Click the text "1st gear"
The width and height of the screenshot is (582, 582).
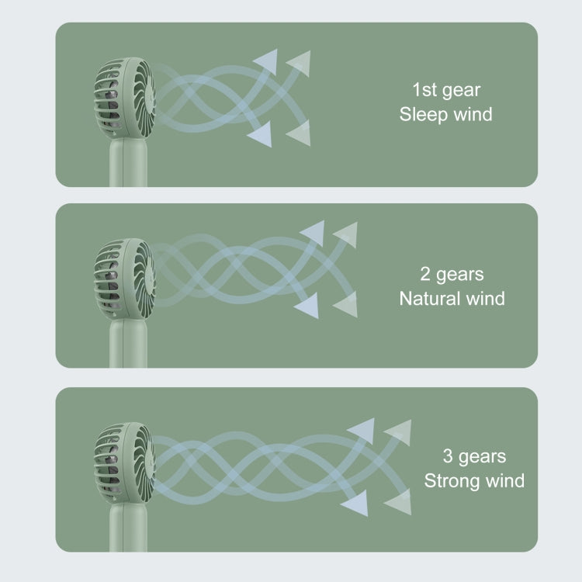446,91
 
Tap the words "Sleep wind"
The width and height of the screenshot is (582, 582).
445,114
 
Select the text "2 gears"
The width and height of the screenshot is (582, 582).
452,275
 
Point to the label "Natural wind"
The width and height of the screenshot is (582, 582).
452,299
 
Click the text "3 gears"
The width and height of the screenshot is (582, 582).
474,456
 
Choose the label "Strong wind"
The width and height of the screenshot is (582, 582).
474,480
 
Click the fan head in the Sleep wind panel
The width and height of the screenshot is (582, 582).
125,99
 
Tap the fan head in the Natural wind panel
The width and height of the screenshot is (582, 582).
125,279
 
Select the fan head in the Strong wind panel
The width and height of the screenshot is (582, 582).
125,463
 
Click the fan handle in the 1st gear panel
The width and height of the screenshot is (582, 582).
128,163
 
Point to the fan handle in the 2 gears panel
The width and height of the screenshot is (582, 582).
128,344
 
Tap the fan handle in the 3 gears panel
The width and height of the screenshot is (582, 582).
128,528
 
